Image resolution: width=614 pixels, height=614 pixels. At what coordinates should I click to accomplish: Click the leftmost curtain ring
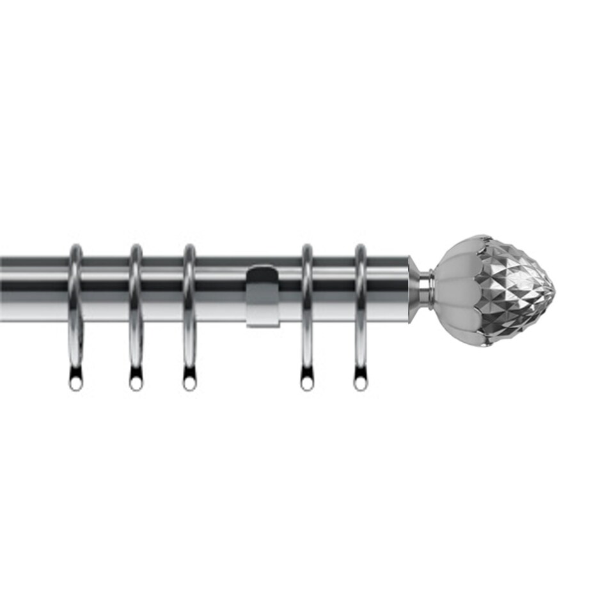tap(75, 307)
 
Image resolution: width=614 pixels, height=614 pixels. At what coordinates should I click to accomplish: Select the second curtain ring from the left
tap(136, 307)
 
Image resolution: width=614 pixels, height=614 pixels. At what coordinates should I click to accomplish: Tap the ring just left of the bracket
tap(189, 307)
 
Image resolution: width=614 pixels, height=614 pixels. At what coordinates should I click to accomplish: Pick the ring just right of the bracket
tap(307, 307)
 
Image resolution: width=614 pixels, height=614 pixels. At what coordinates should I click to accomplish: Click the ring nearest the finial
tap(361, 307)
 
